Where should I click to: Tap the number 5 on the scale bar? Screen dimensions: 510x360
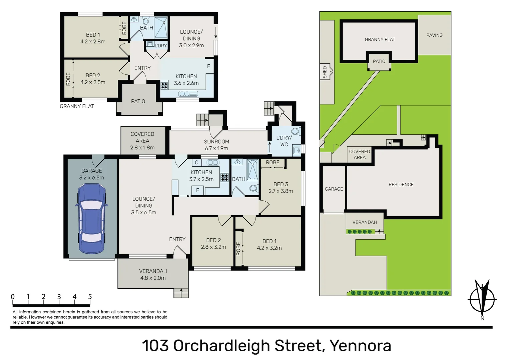pyautogui.click(x=90, y=297)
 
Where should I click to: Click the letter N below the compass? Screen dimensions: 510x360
pyautogui.click(x=482, y=318)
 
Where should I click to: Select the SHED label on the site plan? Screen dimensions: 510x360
pyautogui.click(x=325, y=72)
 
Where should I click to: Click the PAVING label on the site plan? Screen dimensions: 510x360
pyautogui.click(x=434, y=35)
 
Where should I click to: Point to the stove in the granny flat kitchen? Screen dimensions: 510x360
pyautogui.click(x=164, y=85)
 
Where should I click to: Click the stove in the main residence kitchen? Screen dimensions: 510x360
pyautogui.click(x=224, y=177)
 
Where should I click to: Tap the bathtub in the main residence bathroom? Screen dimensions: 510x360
pyautogui.click(x=252, y=170)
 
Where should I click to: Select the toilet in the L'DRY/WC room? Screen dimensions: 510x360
pyautogui.click(x=296, y=131)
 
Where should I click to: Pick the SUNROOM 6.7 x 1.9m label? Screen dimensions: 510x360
pyautogui.click(x=216, y=145)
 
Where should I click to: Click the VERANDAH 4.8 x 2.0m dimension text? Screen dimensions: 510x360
pyautogui.click(x=153, y=278)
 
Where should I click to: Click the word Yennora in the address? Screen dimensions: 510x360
pyautogui.click(x=361, y=346)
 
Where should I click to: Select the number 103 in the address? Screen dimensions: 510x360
pyautogui.click(x=155, y=346)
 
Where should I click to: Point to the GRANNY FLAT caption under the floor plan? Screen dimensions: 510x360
pyautogui.click(x=77, y=106)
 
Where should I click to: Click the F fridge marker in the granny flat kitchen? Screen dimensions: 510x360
pyautogui.click(x=208, y=66)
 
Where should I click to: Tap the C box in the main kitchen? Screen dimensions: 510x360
pyautogui.click(x=197, y=162)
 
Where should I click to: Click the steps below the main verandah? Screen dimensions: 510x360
pyautogui.click(x=181, y=293)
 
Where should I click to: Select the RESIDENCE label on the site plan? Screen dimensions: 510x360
pyautogui.click(x=401, y=185)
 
